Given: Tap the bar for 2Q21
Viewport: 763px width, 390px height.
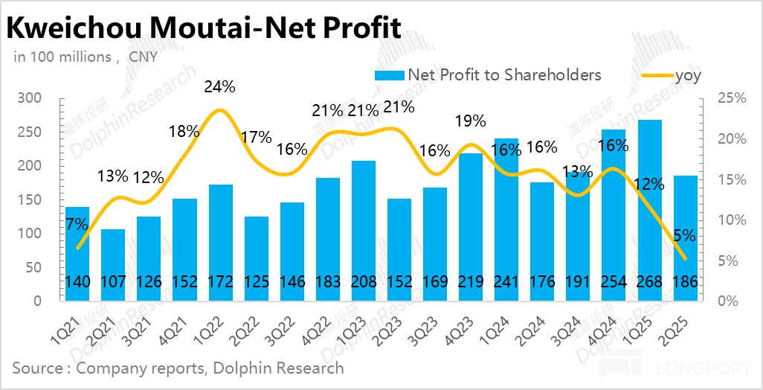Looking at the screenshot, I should click(113, 265).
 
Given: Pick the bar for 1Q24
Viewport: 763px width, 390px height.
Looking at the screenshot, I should click(506, 220).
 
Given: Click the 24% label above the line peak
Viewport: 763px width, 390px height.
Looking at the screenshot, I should click(219, 86).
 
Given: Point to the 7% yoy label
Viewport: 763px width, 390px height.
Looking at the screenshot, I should click(77, 223).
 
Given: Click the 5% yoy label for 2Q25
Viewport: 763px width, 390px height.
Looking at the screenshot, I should click(684, 237).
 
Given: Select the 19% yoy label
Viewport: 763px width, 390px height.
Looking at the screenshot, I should click(470, 121).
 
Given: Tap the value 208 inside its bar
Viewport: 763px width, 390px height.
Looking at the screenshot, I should click(363, 283).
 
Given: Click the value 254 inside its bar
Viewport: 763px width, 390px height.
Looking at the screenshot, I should click(614, 283).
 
